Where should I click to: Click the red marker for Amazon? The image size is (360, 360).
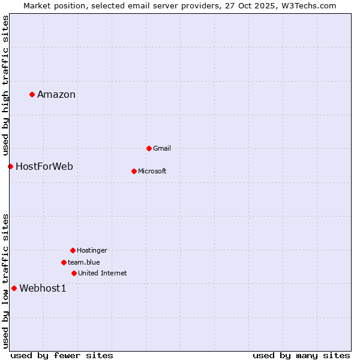tap(32, 94)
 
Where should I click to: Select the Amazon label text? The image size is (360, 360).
tap(56, 94)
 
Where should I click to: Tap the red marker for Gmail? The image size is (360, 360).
tap(149, 148)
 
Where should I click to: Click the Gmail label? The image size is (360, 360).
tap(162, 148)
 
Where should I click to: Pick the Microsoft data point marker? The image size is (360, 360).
tap(134, 171)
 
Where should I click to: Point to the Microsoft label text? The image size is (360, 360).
tap(152, 171)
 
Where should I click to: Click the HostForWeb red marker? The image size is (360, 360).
tap(10, 166)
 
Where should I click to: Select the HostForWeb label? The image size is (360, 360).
tap(44, 166)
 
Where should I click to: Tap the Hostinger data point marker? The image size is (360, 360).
tap(73, 250)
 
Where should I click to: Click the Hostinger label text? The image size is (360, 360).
tap(92, 250)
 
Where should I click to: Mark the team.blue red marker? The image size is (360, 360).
tap(64, 262)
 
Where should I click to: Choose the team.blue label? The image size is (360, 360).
tap(84, 262)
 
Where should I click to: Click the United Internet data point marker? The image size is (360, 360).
tap(74, 273)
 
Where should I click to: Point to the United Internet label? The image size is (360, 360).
tap(103, 273)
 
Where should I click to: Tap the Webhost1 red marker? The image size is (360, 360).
tap(14, 288)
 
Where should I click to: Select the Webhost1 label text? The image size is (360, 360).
tap(43, 288)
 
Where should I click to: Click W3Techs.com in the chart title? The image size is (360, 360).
tap(310, 5)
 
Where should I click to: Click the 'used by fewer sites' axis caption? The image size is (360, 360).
tap(62, 355)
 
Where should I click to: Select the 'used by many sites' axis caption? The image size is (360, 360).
tap(301, 355)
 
